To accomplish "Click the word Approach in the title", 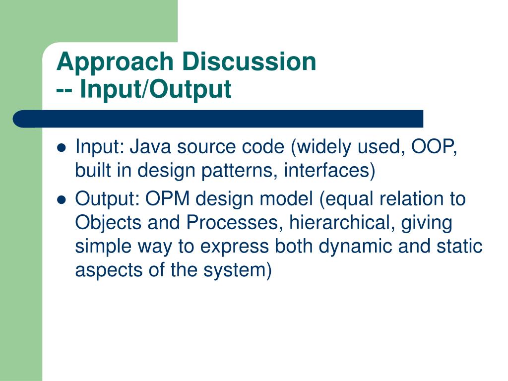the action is (x=115, y=63).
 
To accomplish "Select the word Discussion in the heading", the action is (x=249, y=61).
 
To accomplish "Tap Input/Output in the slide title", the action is (x=155, y=89).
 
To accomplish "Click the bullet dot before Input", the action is (x=61, y=148).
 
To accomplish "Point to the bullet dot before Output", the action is (x=61, y=200).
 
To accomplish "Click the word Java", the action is (x=150, y=147).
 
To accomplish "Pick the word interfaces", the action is (x=326, y=170).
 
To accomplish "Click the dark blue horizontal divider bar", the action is (x=218, y=119).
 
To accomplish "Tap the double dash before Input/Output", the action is (x=64, y=91).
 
